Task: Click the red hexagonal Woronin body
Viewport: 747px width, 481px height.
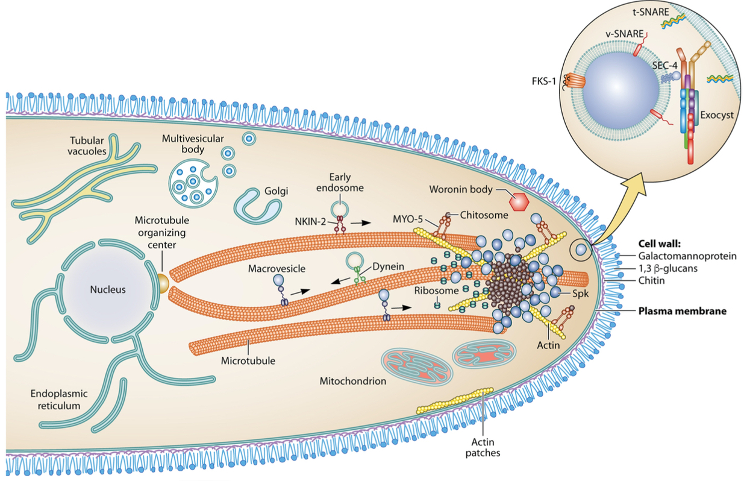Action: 519,202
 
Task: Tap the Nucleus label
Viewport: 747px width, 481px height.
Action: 108,289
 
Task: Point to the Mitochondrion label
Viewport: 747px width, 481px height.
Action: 352,381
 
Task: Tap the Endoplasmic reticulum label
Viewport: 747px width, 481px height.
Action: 58,399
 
